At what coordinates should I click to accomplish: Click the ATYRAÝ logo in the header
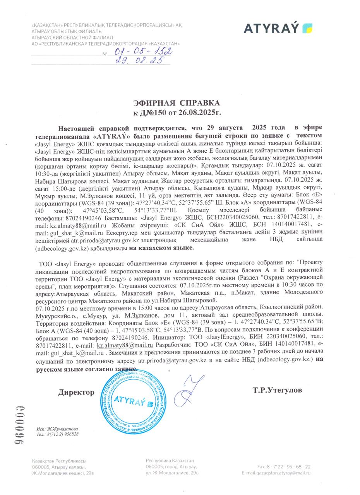(278, 28)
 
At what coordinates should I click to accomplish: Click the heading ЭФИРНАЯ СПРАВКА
(177, 103)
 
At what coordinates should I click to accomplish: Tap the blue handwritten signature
(189, 391)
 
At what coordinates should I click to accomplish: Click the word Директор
(76, 392)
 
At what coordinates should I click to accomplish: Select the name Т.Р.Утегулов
(278, 390)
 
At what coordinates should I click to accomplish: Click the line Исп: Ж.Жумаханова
(57, 429)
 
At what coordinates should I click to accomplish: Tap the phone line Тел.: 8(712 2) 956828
(58, 434)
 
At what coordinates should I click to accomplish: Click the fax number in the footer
(284, 467)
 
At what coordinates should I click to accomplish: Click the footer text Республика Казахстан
(170, 461)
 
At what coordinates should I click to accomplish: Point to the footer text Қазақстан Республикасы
(59, 461)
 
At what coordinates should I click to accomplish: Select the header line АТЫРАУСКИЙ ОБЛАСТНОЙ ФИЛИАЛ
(72, 38)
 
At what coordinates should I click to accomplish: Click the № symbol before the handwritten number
(105, 54)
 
